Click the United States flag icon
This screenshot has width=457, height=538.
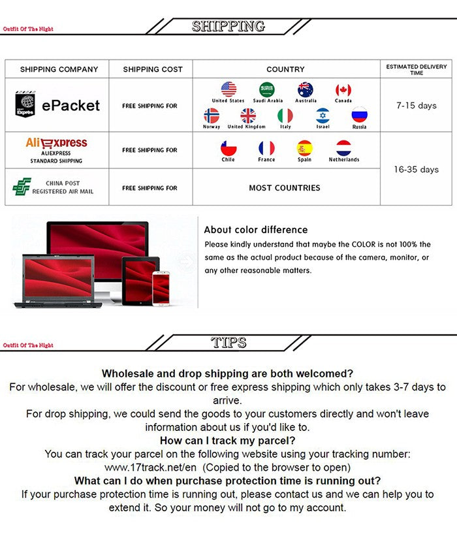point(228,89)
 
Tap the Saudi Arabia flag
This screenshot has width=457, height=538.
point(267,89)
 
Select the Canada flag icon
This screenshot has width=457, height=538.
point(343,90)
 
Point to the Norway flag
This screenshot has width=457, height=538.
point(212,116)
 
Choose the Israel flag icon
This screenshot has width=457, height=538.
point(323,116)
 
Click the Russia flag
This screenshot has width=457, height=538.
point(360,116)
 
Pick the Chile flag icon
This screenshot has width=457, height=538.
point(228,148)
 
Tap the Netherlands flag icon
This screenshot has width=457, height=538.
point(343,148)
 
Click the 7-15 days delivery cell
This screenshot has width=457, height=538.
point(416,105)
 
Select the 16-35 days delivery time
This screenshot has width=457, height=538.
point(416,169)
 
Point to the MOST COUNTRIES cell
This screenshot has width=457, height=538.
point(285,187)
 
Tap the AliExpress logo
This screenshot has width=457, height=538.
point(56,143)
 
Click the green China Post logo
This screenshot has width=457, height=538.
point(22,187)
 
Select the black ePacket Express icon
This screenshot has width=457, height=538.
point(25,104)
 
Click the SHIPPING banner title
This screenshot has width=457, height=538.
point(228,26)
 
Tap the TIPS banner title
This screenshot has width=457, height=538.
point(228,342)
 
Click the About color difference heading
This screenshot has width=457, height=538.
point(255,230)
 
